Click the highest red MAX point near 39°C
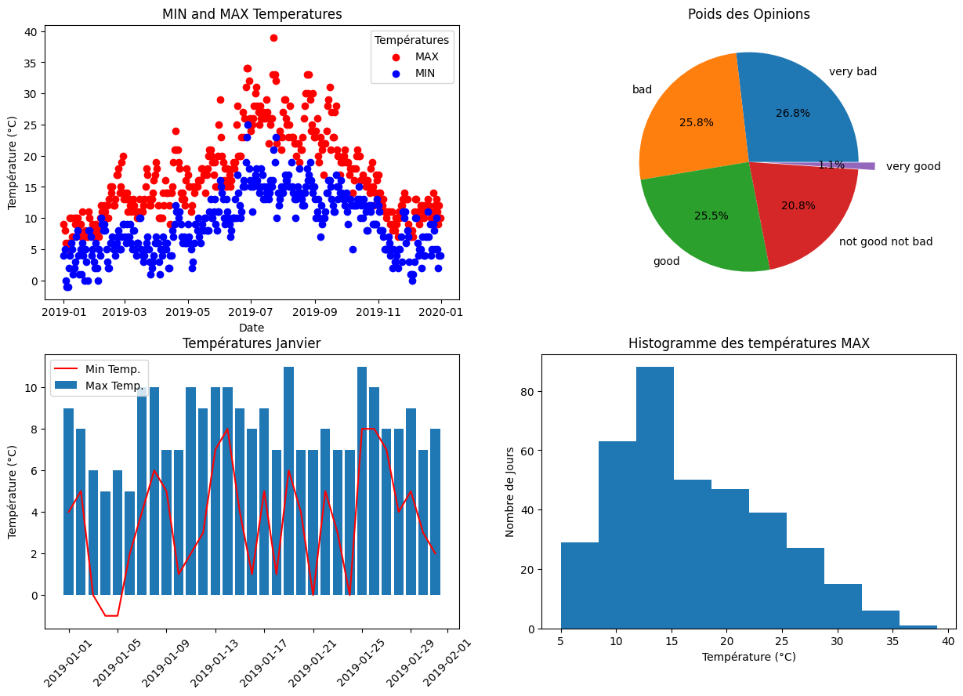(x=273, y=38)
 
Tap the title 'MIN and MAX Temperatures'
(x=252, y=14)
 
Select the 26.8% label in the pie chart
(x=792, y=113)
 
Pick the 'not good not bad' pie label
(x=885, y=241)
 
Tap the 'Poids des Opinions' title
(x=748, y=14)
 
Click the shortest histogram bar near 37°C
(x=918, y=627)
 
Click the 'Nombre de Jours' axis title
(x=510, y=491)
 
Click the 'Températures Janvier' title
(x=252, y=343)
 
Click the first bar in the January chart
(x=69, y=502)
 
